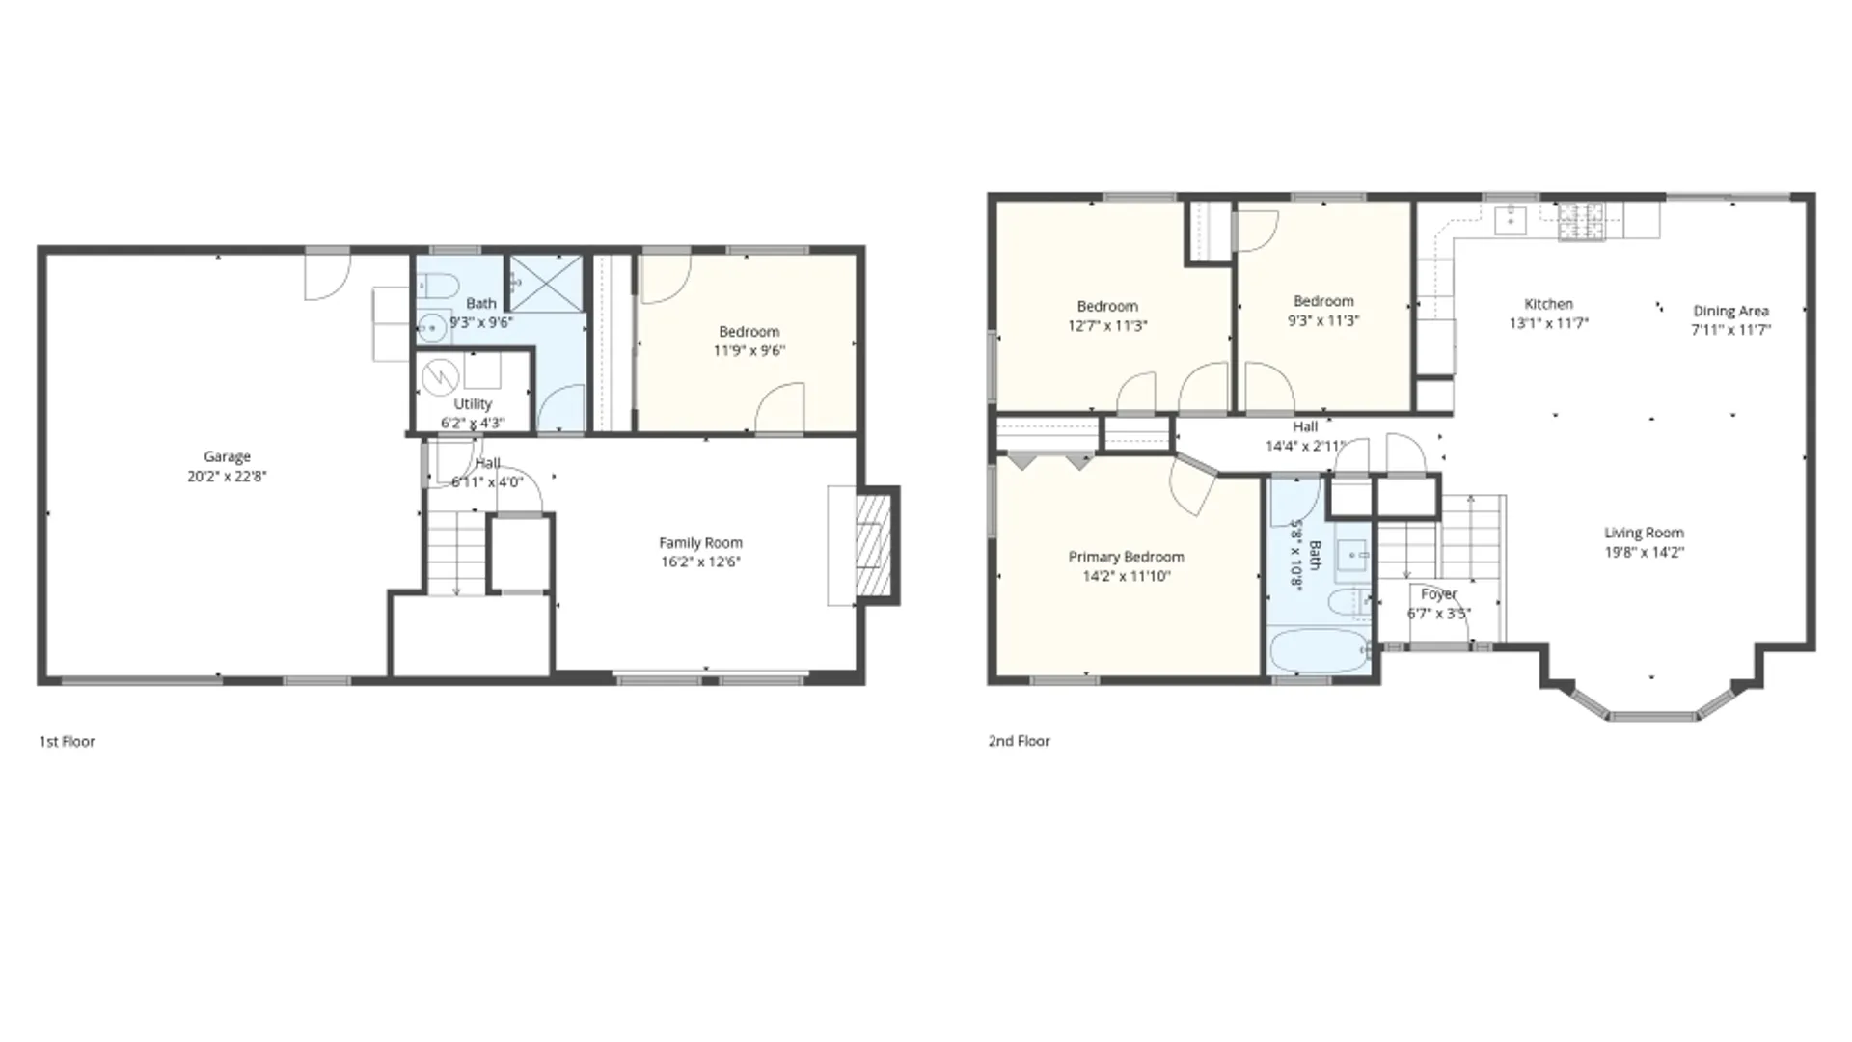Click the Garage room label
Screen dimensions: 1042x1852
coord(227,456)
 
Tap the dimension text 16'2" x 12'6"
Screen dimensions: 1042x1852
coord(700,562)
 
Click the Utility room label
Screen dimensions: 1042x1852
coord(473,404)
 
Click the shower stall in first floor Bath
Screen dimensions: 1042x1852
coord(546,283)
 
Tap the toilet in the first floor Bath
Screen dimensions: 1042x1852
coord(439,287)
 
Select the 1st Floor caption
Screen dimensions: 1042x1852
coord(67,741)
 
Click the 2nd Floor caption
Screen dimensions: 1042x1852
coord(1019,741)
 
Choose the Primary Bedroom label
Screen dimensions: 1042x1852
coord(1126,557)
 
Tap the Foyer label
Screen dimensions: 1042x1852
coord(1438,594)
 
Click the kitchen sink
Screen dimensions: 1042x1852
coord(1510,220)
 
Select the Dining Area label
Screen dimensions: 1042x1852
coord(1730,311)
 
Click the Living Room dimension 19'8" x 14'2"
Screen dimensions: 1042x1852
coord(1644,552)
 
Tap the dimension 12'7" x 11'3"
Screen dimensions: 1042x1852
coord(1107,326)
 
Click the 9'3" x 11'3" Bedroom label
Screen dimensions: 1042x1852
coord(1322,301)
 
